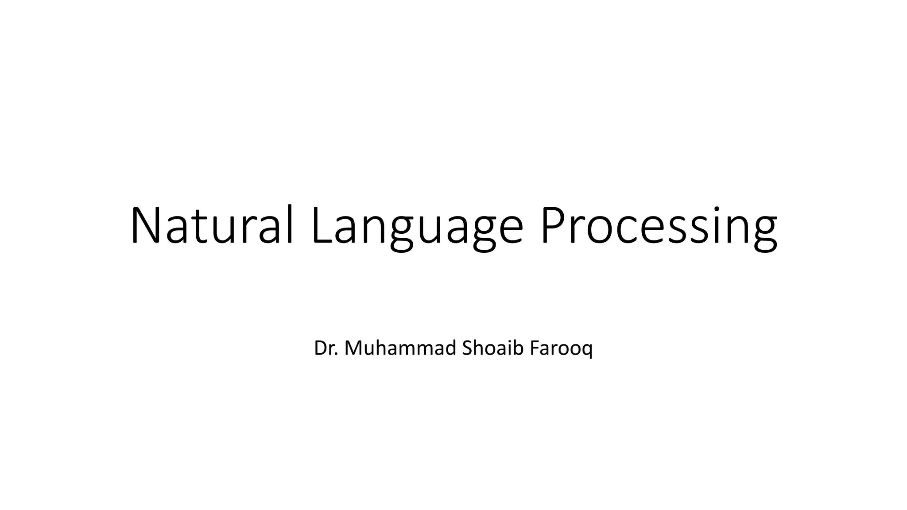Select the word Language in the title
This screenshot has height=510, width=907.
pyautogui.click(x=417, y=227)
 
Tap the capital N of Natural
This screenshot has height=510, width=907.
pyautogui.click(x=146, y=225)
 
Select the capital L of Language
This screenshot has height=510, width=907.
pyautogui.click(x=321, y=225)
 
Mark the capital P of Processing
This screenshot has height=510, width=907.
pyautogui.click(x=553, y=225)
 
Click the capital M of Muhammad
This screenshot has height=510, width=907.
pyautogui.click(x=354, y=348)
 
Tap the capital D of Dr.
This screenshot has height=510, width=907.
pyautogui.click(x=320, y=348)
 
